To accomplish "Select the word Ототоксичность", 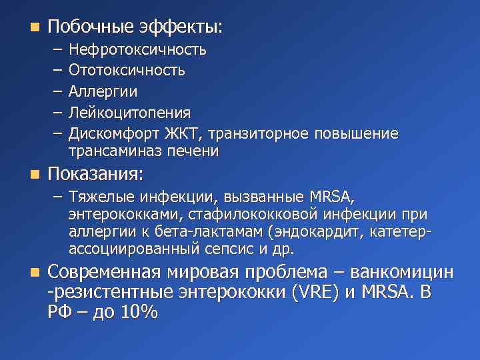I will point(127,70).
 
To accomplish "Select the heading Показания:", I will point(95,175).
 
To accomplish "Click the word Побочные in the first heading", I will point(91,27).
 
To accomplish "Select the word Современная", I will point(104,273).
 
